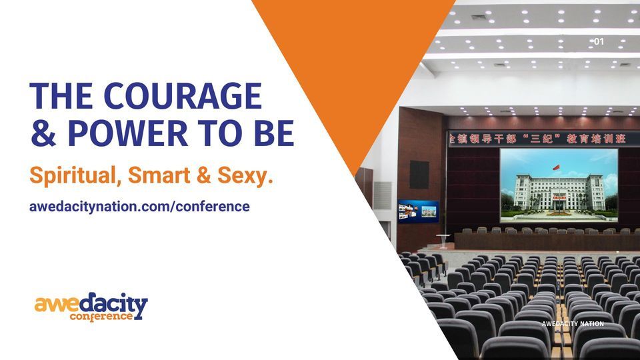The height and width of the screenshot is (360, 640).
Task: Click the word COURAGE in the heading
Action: coord(183,96)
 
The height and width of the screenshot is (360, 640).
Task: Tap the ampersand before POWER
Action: coord(43,133)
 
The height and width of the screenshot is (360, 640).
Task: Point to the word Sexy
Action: coord(245,175)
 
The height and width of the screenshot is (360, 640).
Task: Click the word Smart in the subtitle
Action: coord(159,175)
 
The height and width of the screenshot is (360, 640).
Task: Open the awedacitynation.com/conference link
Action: coord(139,206)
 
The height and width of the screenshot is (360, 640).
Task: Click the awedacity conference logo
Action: coord(91,307)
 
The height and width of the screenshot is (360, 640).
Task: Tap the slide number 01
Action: coord(599,41)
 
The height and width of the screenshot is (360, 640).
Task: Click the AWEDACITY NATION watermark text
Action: coord(573,324)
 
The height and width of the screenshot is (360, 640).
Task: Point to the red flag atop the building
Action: coord(556,167)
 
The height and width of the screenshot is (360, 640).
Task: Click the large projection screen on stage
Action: coord(559,185)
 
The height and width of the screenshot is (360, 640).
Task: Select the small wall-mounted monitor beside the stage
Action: coord(419,211)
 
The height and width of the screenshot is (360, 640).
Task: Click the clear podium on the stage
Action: coord(443,241)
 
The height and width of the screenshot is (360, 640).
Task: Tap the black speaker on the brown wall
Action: coord(419,175)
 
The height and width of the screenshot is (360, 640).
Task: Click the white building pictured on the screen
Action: coord(559,192)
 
